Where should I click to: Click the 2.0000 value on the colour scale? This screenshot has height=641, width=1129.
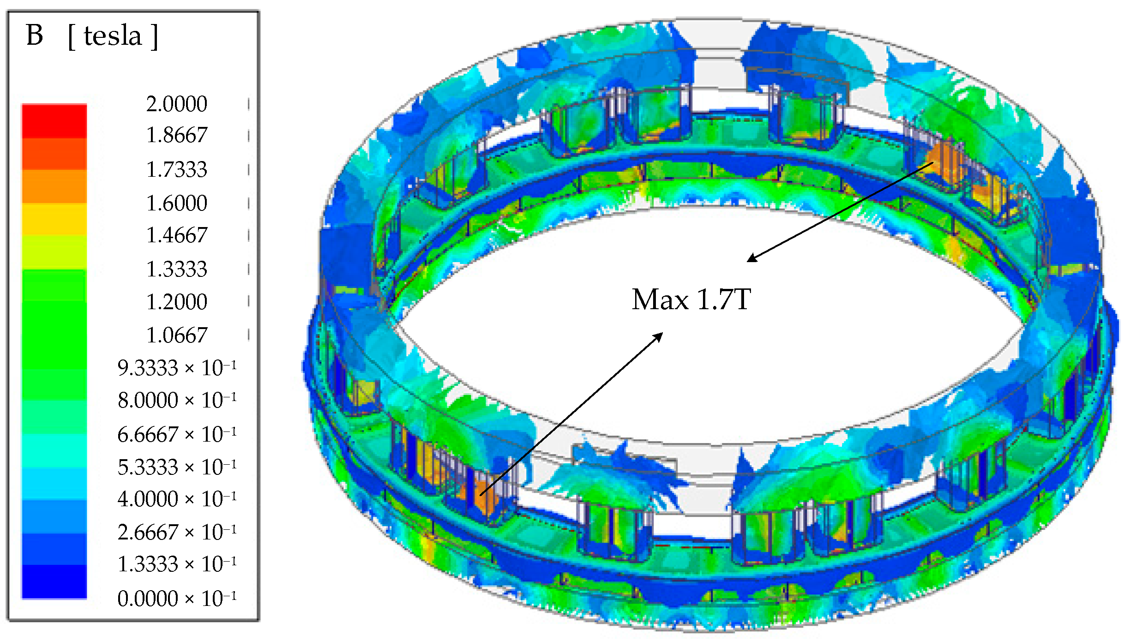click(x=177, y=104)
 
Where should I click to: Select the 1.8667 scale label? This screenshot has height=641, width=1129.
click(x=177, y=135)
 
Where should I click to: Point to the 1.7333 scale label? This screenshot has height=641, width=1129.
click(x=177, y=169)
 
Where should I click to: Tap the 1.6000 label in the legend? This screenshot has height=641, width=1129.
click(x=177, y=203)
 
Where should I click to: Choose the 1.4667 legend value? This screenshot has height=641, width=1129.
click(x=177, y=235)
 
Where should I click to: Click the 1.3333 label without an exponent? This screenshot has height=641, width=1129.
click(x=177, y=269)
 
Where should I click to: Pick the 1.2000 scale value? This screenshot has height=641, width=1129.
click(x=177, y=302)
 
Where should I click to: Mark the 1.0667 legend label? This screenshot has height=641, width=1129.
click(x=177, y=335)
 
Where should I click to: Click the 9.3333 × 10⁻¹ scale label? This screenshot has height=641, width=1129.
click(x=177, y=368)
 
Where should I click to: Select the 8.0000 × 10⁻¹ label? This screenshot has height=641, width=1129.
click(x=177, y=400)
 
